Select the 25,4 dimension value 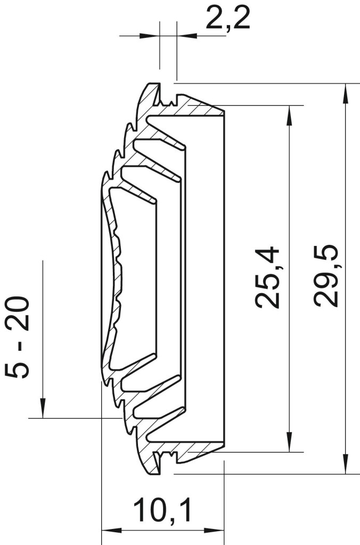267,277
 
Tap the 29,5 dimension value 325,276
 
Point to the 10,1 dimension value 163,510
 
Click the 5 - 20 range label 18,337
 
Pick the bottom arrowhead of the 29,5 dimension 346,464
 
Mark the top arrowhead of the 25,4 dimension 289,115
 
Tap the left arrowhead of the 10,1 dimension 111,531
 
